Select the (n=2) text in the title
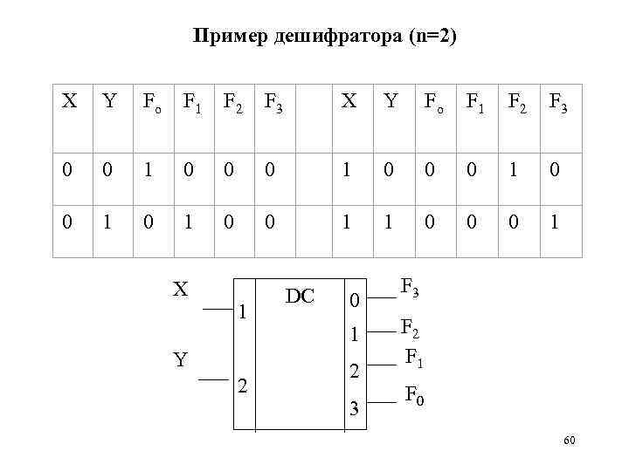[428, 37]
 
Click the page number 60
[570, 441]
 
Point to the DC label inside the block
[300, 297]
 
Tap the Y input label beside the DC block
[180, 358]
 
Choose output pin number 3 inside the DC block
[354, 408]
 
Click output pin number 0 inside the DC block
[354, 301]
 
